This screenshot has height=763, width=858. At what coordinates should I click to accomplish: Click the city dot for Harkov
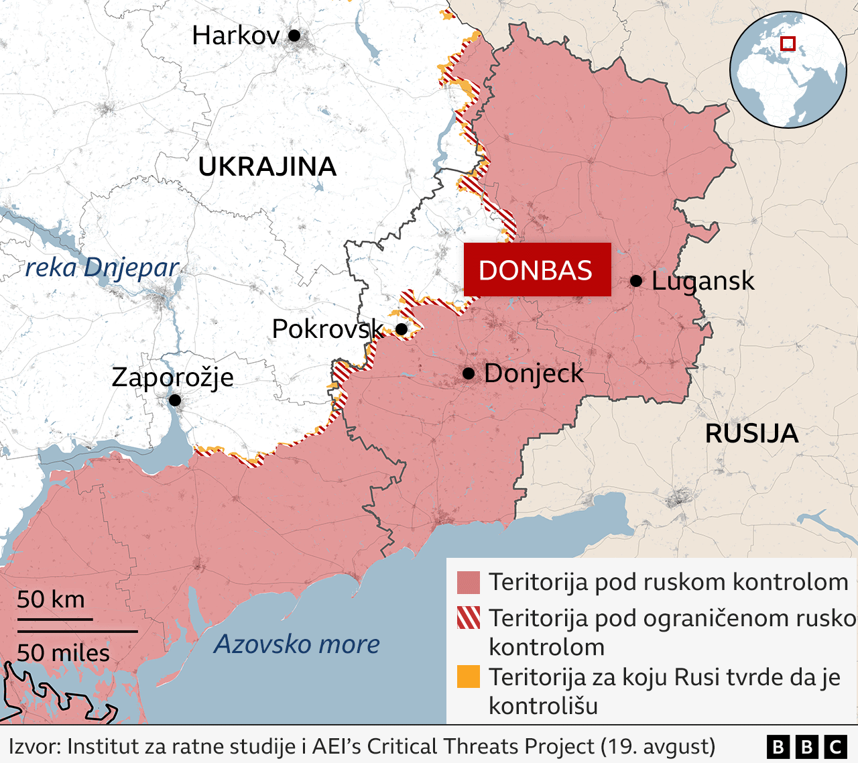click(294, 36)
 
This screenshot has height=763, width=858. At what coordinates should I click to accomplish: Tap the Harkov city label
click(235, 36)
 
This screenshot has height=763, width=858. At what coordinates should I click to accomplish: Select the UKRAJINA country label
click(267, 166)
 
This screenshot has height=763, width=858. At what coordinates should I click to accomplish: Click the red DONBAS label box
click(537, 270)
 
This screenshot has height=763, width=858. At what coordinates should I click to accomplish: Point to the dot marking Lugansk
click(636, 281)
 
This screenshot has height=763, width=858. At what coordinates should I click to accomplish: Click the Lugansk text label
click(702, 282)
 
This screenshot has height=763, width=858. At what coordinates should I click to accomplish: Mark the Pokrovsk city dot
click(402, 329)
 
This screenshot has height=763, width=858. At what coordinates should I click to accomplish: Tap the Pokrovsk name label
click(327, 329)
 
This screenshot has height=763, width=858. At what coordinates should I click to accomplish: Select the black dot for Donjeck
click(469, 373)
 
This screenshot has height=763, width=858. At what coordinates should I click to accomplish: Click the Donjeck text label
click(534, 373)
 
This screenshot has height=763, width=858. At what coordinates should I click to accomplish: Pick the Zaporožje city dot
click(174, 400)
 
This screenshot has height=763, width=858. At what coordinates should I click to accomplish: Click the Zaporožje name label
click(173, 377)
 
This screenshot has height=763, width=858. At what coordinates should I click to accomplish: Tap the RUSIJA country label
click(751, 434)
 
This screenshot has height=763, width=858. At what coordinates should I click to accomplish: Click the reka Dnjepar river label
click(102, 268)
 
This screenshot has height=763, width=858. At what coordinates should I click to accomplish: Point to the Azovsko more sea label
click(296, 644)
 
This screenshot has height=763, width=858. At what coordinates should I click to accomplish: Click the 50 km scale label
click(51, 599)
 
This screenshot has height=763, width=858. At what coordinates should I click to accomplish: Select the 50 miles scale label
click(63, 652)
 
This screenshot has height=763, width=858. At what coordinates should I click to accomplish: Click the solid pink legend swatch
click(469, 583)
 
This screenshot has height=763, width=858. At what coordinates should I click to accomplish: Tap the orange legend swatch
click(469, 677)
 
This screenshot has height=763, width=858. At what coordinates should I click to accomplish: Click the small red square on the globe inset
click(788, 44)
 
